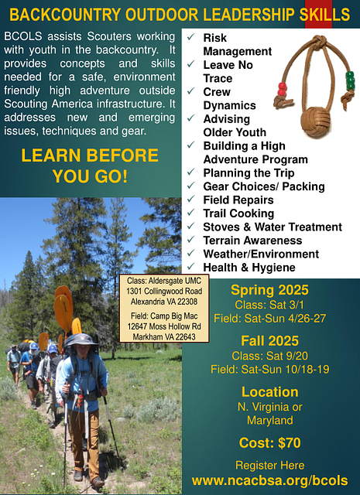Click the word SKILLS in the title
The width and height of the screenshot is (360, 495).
click(324, 15)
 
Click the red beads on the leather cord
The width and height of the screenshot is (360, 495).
click(283, 89)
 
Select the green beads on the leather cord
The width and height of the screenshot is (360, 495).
click(350, 80)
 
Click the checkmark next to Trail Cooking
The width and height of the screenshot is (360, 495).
click(191, 213)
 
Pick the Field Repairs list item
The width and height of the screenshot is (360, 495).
click(238, 200)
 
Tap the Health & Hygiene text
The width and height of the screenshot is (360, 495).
click(249, 268)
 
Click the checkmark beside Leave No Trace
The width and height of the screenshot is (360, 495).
click(191, 64)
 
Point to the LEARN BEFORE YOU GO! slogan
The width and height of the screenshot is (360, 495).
click(90, 166)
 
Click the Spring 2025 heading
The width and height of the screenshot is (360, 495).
click(269, 290)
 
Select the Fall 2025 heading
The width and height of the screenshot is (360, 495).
click(269, 341)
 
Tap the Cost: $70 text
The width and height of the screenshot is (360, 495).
click(269, 443)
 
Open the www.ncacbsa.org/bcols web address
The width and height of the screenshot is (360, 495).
click(269, 481)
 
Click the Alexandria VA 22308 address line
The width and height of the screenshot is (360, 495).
click(164, 302)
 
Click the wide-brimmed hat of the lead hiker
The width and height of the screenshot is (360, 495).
click(81, 340)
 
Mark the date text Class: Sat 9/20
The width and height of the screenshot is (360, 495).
click(269, 356)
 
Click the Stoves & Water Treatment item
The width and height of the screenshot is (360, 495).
click(273, 227)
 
